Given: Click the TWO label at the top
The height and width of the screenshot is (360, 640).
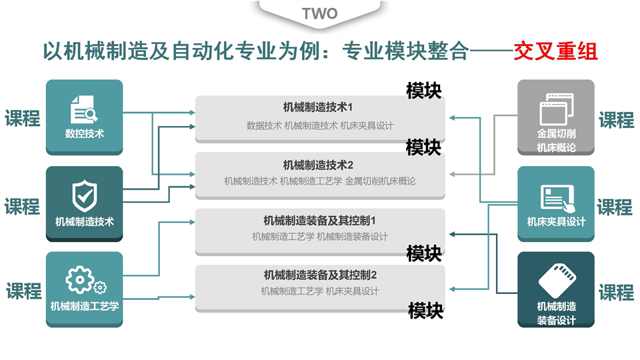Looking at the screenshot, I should coord(320,13).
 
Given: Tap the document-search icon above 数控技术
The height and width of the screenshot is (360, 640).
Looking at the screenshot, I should coord(84,107).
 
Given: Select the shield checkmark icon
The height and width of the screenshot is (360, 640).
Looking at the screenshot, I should coord(84,195).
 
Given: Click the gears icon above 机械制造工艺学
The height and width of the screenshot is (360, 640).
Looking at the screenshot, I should coord(85,281).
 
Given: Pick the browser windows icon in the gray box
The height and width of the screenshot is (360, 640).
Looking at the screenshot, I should coord(555,107).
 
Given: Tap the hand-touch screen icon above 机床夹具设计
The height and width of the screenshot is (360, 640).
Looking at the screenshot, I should coord(555,196).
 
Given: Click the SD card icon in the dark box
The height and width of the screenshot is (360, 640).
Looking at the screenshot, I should coord(556,281).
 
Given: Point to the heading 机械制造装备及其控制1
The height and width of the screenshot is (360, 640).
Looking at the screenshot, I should coord(320,220).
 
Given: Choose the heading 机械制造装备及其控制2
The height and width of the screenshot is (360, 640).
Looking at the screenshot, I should coord(320,275).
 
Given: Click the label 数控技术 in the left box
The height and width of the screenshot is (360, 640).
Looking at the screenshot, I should coord(85,133).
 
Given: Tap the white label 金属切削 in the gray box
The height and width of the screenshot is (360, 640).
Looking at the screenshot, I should coord(556,133).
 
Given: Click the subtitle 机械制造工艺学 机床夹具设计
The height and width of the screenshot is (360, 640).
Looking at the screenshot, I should coord(320,291).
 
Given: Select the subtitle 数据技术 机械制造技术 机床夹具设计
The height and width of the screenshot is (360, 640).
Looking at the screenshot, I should coord(320,125).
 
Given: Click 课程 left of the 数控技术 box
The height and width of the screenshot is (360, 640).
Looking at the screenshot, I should coord(23,119).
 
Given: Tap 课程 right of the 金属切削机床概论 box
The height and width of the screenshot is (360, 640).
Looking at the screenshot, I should coord(616,121).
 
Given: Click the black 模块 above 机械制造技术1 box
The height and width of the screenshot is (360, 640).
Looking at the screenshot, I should coord(424,90).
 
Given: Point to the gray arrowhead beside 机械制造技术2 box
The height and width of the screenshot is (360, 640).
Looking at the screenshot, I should coord(453,175).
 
